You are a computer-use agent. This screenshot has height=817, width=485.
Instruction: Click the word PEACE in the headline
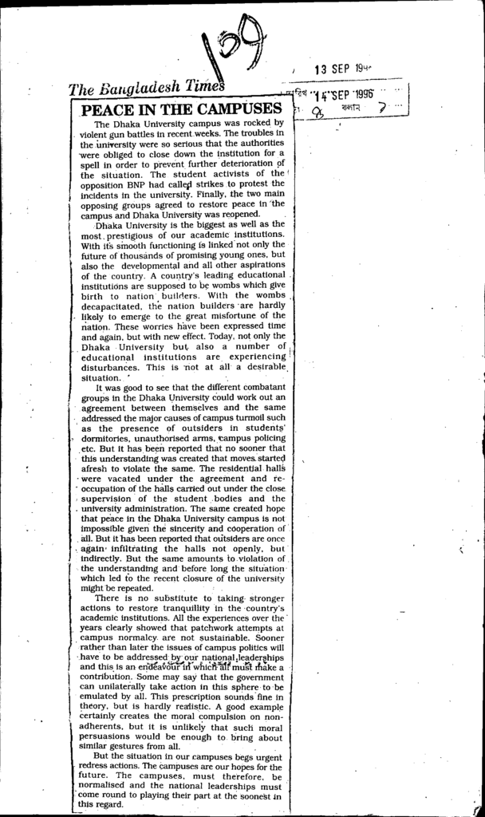tap(104, 109)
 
